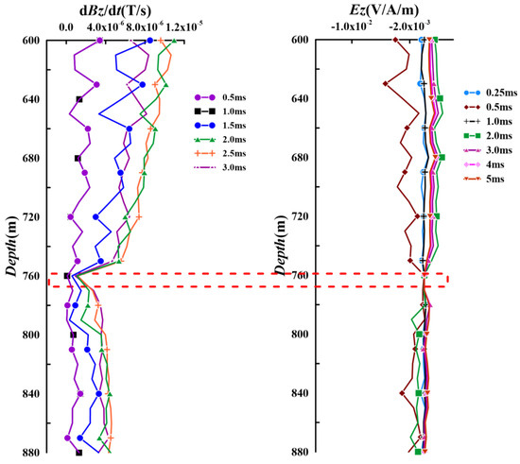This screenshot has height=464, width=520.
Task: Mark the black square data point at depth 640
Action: coord(79,99)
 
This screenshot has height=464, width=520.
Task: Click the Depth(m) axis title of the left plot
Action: coord(11,248)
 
